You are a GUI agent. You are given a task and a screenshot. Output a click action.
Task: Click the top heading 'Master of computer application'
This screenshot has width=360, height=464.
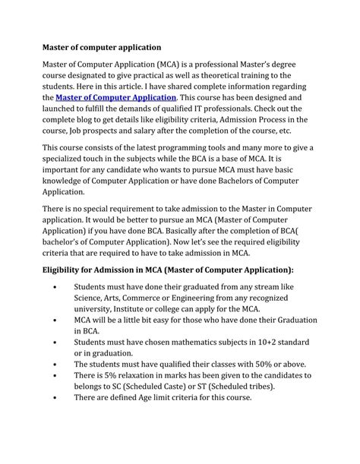tap(101, 47)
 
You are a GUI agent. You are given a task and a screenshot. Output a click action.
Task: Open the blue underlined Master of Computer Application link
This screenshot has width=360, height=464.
tap(116, 98)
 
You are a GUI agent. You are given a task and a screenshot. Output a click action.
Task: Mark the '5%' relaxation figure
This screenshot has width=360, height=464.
tap(114, 375)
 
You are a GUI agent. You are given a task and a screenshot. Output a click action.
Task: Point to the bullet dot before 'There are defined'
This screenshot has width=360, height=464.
tap(55, 398)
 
